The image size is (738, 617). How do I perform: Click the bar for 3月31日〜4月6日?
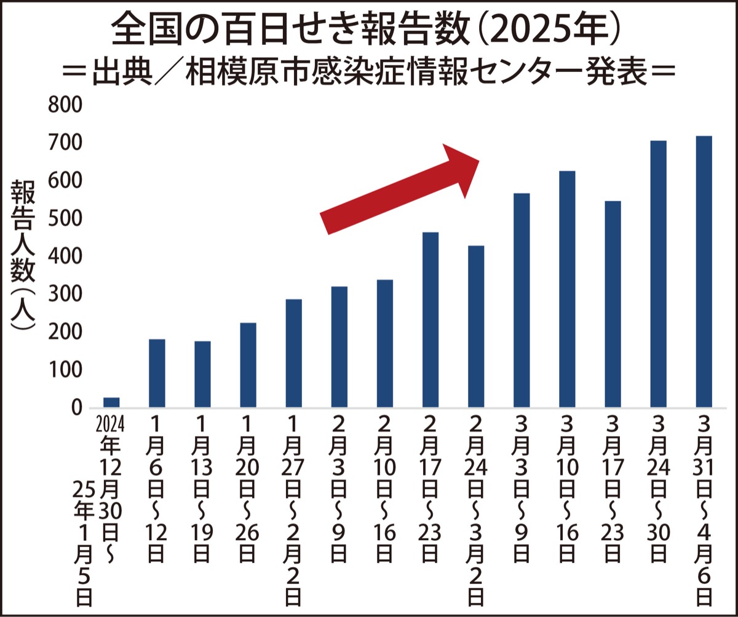704,271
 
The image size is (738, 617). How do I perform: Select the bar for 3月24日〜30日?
658,274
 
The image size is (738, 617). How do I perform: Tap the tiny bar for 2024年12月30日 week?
111,402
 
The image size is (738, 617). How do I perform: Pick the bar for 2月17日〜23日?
430,319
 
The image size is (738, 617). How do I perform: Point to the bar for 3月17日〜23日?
613,304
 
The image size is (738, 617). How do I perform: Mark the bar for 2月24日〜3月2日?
476,326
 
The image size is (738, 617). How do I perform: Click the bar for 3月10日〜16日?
567,289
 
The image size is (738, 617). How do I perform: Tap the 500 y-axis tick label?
64,219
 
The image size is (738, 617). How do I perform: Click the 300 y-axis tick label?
64,295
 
